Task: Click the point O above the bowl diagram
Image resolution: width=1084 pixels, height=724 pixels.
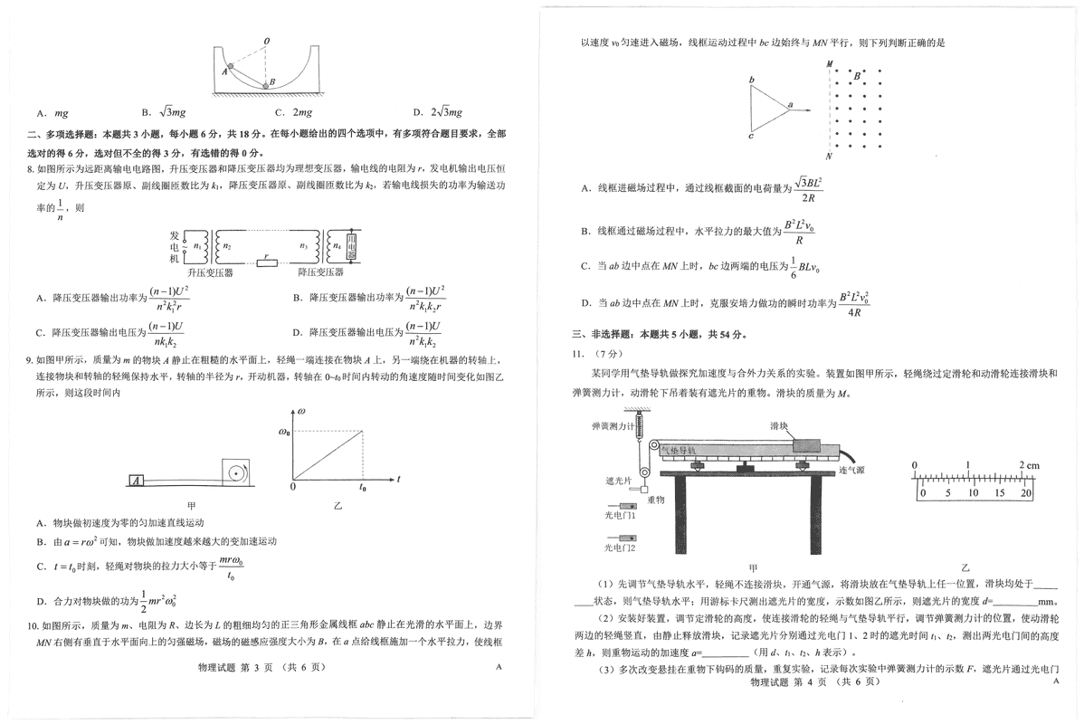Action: (266, 42)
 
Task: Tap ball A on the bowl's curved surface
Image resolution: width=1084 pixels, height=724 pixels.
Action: (230, 67)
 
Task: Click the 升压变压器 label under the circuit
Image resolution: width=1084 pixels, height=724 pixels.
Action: (210, 272)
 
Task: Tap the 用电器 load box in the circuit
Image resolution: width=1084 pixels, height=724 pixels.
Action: (354, 245)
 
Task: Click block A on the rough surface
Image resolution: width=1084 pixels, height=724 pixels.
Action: (137, 481)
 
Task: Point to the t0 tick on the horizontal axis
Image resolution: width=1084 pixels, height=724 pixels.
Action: (364, 488)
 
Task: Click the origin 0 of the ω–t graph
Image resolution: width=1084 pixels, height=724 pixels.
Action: (292, 488)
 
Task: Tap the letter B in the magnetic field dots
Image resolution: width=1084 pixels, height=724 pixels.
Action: (856, 77)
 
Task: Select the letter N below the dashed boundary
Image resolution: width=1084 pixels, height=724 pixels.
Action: (828, 156)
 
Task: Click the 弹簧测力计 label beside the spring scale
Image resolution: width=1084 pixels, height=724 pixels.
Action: (611, 425)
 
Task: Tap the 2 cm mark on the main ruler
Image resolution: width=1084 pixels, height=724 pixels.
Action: (1028, 465)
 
